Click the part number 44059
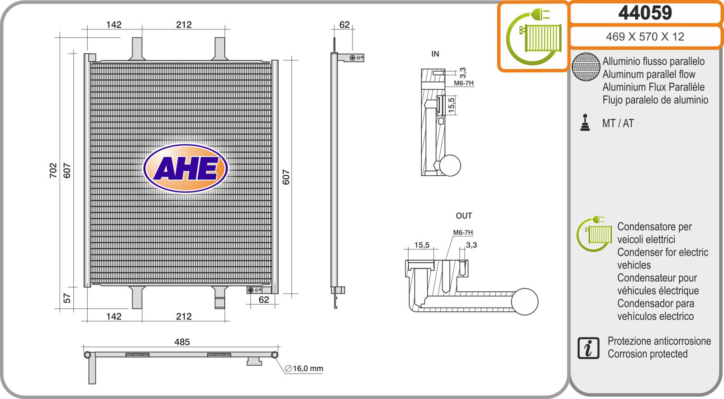[x=645, y=13]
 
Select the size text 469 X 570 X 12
[x=645, y=37]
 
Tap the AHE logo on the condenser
[x=186, y=168]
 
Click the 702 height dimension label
[x=53, y=171]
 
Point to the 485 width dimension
[x=182, y=342]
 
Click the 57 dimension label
[x=67, y=298]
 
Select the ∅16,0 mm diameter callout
[x=304, y=369]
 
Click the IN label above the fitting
[x=435, y=54]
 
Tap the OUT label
[x=464, y=216]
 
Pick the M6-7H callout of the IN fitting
[x=463, y=83]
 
